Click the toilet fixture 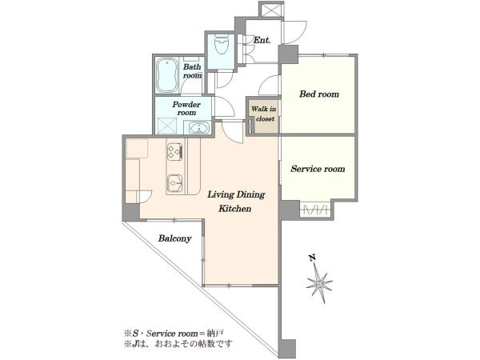(x=222, y=45)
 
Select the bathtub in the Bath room (x=167, y=75)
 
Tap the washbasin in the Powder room (x=199, y=127)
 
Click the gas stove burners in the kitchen (x=175, y=151)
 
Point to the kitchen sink (x=175, y=184)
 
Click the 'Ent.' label (x=262, y=40)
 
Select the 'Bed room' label (x=319, y=94)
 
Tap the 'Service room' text (x=318, y=169)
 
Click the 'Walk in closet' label (x=264, y=114)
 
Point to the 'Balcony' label (x=174, y=238)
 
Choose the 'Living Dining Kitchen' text (x=236, y=202)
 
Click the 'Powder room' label (x=186, y=108)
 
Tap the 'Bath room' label (x=192, y=71)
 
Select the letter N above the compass (x=312, y=258)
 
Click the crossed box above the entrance (x=271, y=10)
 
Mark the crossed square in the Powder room (x=167, y=126)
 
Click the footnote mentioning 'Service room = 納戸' (x=174, y=333)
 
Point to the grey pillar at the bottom (x=287, y=349)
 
